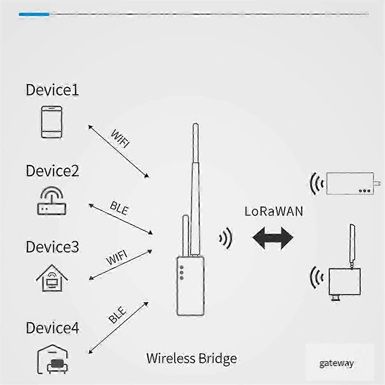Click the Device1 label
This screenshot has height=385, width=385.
52,90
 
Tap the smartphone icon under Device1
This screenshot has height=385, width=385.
52,122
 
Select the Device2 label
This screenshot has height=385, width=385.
52,171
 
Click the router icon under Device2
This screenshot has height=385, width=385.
52,201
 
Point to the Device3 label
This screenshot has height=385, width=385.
52,247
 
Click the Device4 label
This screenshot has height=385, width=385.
52,328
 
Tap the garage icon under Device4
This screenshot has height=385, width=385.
53,359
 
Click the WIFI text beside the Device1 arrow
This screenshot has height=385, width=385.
120,139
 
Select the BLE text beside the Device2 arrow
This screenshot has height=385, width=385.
119,208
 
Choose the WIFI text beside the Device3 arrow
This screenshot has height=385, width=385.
117,257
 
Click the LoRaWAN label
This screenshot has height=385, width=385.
274,211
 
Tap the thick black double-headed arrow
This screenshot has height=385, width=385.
273,238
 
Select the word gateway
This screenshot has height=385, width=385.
337,363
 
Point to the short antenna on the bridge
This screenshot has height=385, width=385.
186,236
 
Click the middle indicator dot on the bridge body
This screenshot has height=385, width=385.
182,272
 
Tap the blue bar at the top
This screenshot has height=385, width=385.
34,14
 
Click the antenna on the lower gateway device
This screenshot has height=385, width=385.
352,246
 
